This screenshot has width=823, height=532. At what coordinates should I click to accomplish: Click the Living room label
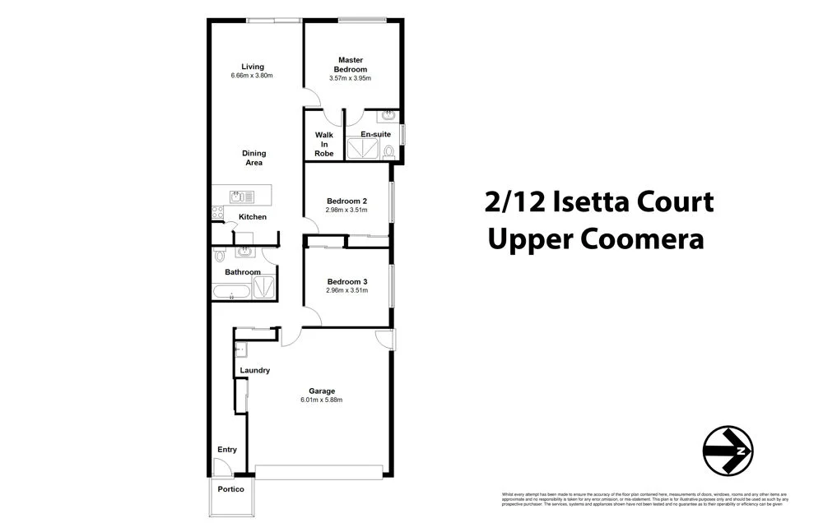pyautogui.click(x=252, y=67)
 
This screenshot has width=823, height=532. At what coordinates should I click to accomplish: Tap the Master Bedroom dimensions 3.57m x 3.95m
pyautogui.click(x=351, y=79)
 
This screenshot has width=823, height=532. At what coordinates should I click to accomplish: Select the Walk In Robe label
pyautogui.click(x=323, y=144)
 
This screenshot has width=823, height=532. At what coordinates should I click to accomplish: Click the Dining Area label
pyautogui.click(x=253, y=158)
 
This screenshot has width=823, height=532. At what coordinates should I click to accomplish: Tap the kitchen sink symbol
pyautogui.click(x=242, y=196)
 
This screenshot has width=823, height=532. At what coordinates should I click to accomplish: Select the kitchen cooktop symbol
pyautogui.click(x=218, y=212)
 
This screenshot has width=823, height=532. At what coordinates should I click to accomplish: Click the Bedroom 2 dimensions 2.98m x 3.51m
pyautogui.click(x=346, y=210)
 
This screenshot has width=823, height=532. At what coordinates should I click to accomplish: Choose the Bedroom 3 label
pyautogui.click(x=346, y=281)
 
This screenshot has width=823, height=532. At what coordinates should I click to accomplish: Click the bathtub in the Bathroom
pyautogui.click(x=230, y=292)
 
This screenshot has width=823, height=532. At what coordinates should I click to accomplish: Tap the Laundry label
pyautogui.click(x=254, y=370)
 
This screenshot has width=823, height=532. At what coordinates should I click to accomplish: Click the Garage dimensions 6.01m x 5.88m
pyautogui.click(x=321, y=400)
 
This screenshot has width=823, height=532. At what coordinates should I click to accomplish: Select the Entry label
pyautogui.click(x=227, y=450)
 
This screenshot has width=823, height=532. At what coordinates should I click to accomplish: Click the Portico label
pyautogui.click(x=230, y=489)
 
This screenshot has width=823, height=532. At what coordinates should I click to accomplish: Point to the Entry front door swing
pyautogui.click(x=221, y=467)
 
